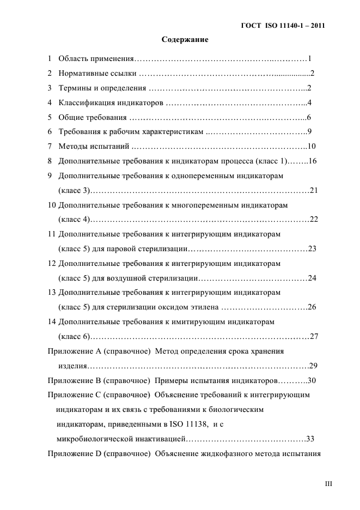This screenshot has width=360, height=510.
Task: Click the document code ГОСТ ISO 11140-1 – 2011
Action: pos(283,26)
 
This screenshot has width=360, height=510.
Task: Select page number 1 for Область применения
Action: pos(309,58)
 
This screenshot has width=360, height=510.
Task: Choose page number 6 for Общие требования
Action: pos(309,117)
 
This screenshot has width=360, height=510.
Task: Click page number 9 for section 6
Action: pos(309,131)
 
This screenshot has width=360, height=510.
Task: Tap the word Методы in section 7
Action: pos(72,146)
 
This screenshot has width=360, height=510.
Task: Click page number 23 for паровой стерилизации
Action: pos(312,248)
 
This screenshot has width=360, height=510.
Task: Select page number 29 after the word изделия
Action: pos(313,366)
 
